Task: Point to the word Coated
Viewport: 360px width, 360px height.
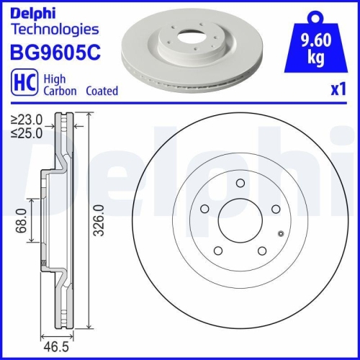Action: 102,91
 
